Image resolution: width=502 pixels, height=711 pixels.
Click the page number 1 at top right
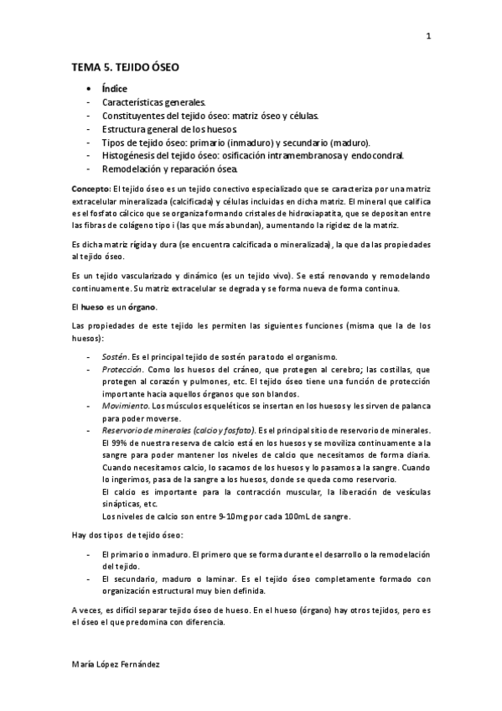pyautogui.click(x=428, y=36)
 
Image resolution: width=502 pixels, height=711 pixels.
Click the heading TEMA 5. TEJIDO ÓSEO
pyautogui.click(x=126, y=66)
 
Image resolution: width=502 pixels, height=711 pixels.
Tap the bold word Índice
pyautogui.click(x=114, y=87)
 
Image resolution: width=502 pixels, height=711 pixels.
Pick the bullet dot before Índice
pyautogui.click(x=88, y=87)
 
